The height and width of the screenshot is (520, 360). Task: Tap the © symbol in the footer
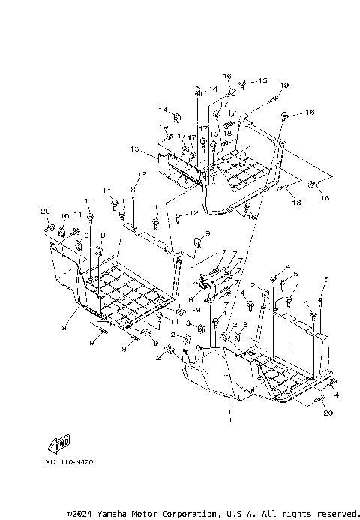coord(70,514)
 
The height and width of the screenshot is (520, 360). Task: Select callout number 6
coord(190,299)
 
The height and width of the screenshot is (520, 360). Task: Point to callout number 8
coord(66,328)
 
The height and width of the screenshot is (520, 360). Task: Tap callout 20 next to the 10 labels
coord(45,211)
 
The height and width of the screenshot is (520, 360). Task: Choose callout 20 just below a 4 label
coord(327,413)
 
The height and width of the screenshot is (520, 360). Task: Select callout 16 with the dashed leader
coord(310,113)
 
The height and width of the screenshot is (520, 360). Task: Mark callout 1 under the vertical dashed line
coord(229,422)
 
